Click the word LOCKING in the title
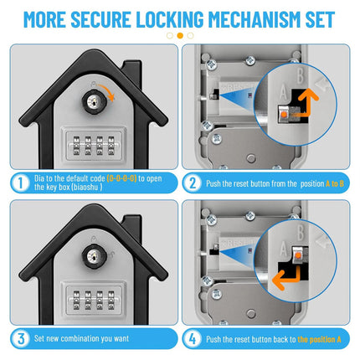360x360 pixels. point(170,19)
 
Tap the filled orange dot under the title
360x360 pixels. point(180,35)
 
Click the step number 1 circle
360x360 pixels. point(20,183)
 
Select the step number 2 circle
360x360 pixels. point(193,183)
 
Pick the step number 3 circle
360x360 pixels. point(20,338)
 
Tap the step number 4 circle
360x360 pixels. point(193,339)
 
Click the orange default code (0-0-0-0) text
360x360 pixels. point(121,178)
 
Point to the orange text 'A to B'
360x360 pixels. point(335,183)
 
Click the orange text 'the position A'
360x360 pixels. point(319,339)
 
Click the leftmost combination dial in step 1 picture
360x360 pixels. point(76,146)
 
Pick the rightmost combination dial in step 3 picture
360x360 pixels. point(111,301)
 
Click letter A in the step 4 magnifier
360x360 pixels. point(284,249)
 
